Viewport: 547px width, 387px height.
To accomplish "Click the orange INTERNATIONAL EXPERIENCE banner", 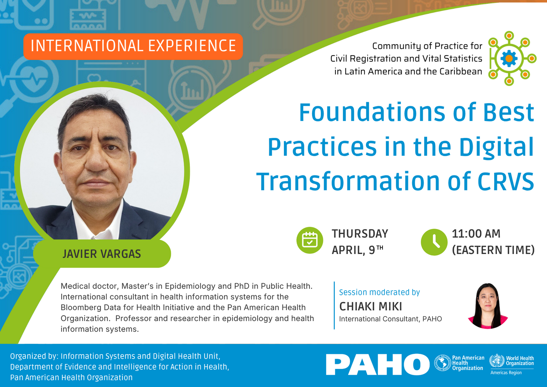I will tap(133, 46).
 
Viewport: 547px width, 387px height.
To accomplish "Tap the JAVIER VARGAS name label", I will tap(102, 254).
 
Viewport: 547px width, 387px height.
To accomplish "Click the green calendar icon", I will tap(310, 241).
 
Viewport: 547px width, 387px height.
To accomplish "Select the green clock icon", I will tap(434, 242).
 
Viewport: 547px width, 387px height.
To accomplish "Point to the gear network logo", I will tap(509, 59).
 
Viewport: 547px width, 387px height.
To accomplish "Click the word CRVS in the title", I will tap(506, 181).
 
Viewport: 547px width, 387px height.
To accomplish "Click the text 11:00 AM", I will tap(476, 234).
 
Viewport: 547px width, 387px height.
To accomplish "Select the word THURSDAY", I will tap(360, 234).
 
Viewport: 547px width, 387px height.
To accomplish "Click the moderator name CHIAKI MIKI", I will tap(371, 306).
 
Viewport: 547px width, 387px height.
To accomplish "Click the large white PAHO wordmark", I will tap(378, 365).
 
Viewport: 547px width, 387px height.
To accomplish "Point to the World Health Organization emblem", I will tap(497, 361).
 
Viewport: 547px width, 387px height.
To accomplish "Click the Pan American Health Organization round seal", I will tap(443, 363).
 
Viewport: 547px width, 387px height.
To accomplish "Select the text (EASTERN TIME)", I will tap(493, 250).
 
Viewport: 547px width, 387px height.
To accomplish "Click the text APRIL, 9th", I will tap(357, 250).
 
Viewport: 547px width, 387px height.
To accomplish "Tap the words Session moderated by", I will tap(379, 292).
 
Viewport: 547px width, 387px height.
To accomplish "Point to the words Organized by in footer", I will tap(34, 356).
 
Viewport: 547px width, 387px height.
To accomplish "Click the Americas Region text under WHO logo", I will tap(506, 373).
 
